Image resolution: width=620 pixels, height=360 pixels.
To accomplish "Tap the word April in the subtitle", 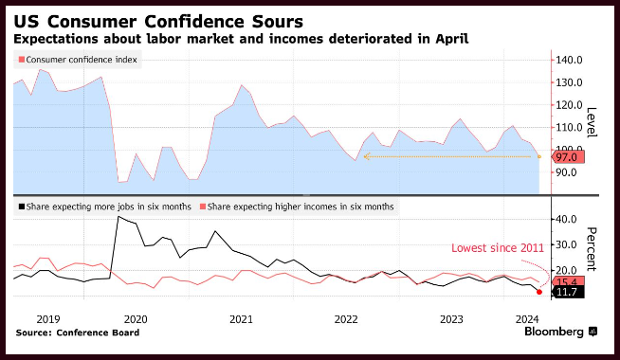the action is point(452,39).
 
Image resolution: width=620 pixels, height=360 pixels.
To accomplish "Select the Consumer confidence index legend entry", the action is point(78,60).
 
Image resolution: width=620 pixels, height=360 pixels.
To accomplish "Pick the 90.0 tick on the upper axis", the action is point(566,172).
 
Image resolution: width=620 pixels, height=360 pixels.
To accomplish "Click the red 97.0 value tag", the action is point(568,157).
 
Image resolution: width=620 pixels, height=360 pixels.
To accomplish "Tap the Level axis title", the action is point(592,122).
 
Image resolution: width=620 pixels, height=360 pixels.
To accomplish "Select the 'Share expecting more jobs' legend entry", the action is point(105,207).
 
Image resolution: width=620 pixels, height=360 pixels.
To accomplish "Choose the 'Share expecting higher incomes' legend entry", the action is point(297,207).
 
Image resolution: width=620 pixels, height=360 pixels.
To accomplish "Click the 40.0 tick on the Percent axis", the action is point(566,220).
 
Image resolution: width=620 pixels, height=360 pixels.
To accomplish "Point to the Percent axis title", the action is point(592,249).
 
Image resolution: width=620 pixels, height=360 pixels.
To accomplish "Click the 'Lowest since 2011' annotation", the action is point(498,248).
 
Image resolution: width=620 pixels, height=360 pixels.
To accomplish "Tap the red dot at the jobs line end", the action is point(539,292).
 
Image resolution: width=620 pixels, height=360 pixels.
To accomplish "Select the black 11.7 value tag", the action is point(568,293).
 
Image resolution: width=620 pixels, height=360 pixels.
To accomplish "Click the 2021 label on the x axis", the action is point(241,319).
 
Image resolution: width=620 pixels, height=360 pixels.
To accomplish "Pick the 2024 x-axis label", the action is point(527,319).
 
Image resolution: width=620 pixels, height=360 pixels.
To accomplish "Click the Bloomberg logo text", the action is point(554,332).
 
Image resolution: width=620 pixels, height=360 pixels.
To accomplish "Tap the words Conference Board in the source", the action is point(98,333).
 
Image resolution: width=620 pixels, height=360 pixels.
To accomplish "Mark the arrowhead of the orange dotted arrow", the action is point(366,157).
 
